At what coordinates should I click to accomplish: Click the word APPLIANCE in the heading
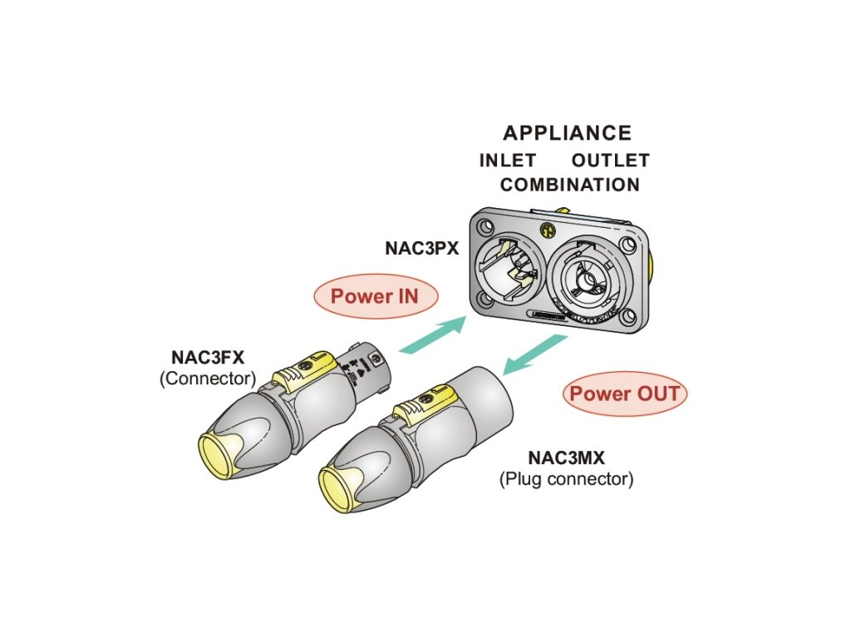[x=567, y=133]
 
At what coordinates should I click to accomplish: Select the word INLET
[x=507, y=161]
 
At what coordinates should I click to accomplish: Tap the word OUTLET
[x=610, y=161]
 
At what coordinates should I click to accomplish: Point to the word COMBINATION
[x=570, y=185]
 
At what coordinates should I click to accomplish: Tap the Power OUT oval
[x=625, y=394]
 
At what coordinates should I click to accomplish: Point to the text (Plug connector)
[x=566, y=479]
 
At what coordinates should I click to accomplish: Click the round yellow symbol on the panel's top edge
[x=547, y=229]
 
